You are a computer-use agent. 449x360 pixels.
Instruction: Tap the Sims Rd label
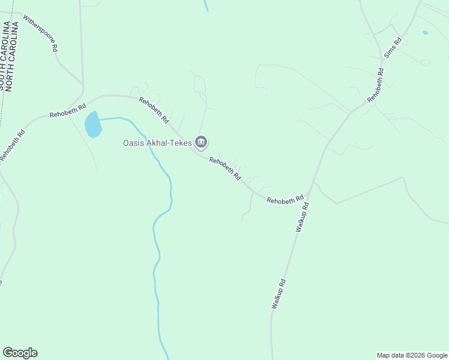coord(393,48)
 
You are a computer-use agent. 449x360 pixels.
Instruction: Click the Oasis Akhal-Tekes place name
coord(157,143)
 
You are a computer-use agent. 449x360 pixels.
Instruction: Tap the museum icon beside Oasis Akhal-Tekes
coord(201,142)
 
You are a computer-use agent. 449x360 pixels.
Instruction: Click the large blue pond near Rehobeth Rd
coord(93,124)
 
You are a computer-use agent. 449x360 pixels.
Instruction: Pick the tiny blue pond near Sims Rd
coord(425,32)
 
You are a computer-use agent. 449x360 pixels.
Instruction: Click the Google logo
coord(20,353)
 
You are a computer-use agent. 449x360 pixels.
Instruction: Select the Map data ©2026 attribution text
coord(411,355)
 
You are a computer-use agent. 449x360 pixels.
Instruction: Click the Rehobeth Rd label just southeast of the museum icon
coord(224,169)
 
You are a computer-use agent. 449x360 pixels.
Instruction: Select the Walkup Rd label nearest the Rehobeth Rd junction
coord(302,217)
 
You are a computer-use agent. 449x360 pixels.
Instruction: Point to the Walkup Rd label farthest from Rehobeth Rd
coord(278,294)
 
